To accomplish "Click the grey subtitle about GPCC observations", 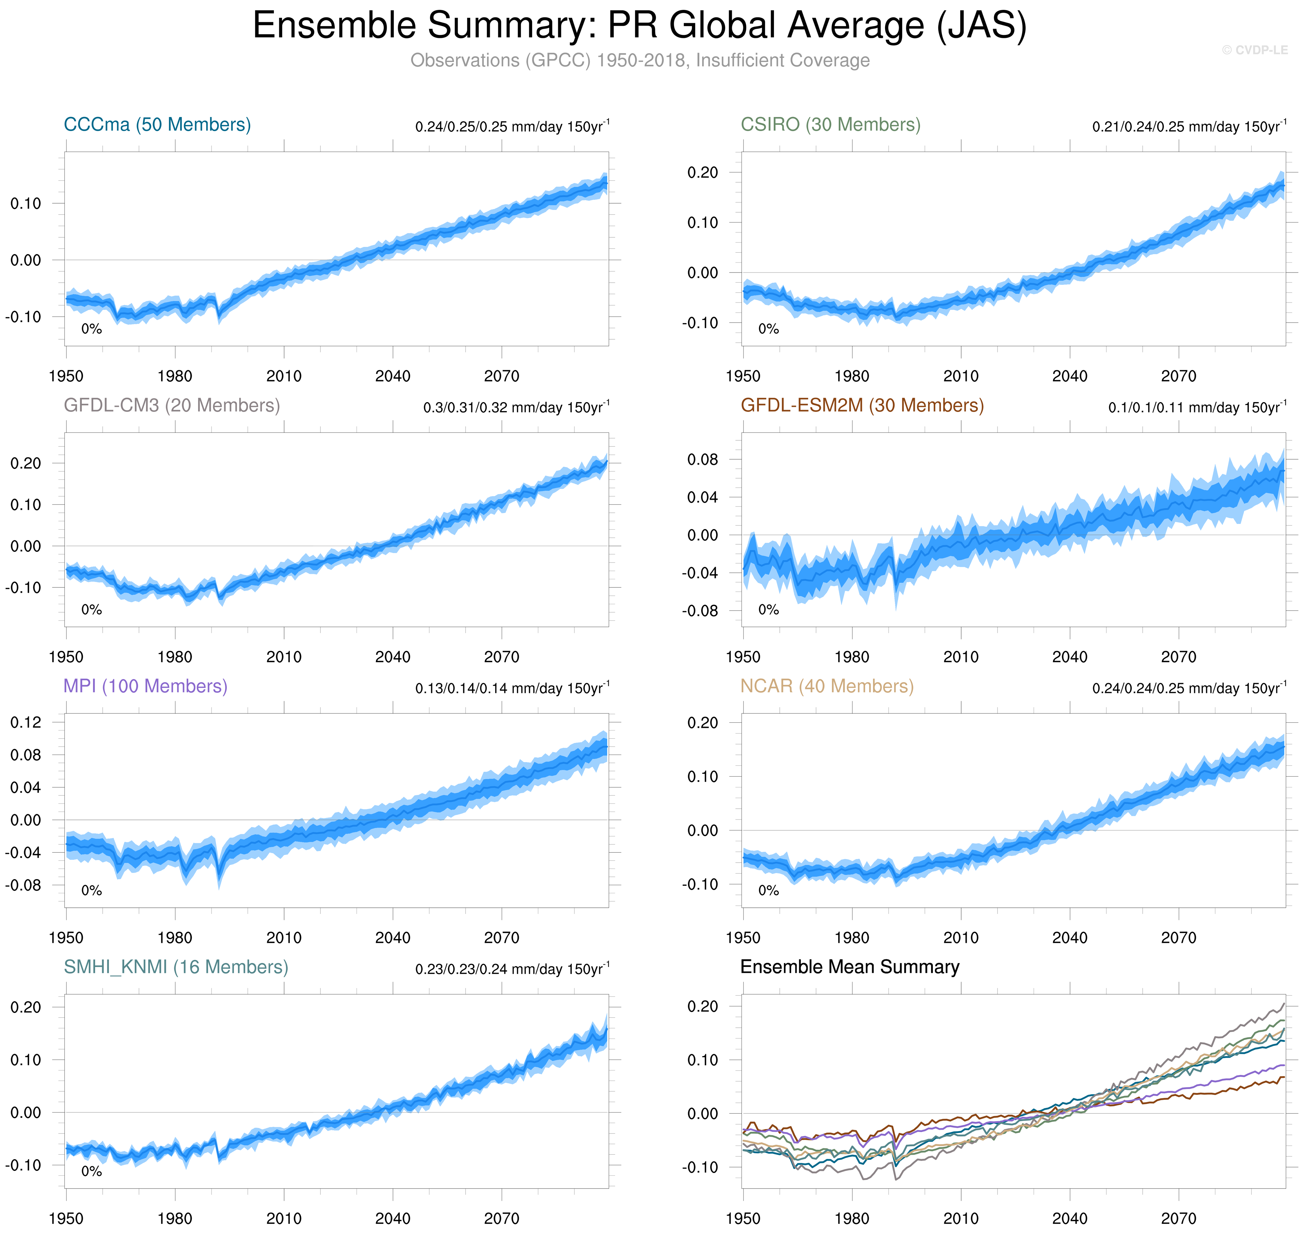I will click(640, 60).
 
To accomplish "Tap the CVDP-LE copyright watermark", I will click(1254, 50).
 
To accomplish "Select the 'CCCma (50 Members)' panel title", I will click(157, 125).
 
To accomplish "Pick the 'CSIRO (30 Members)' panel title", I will click(831, 125).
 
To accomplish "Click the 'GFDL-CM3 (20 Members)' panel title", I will click(172, 406).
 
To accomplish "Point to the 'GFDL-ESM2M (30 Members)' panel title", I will click(862, 406).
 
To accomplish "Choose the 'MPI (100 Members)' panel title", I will click(145, 687).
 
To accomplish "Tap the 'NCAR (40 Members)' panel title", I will click(827, 687).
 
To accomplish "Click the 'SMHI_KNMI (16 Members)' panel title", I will click(176, 968).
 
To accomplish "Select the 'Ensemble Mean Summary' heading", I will click(850, 968).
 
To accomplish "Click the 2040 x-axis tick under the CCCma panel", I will click(393, 376).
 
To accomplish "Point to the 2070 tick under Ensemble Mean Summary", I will click(1179, 1219).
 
